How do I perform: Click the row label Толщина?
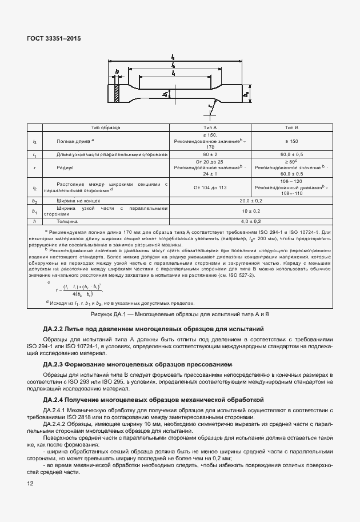67,221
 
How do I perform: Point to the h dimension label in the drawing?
117,72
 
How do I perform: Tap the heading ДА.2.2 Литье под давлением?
153,329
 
